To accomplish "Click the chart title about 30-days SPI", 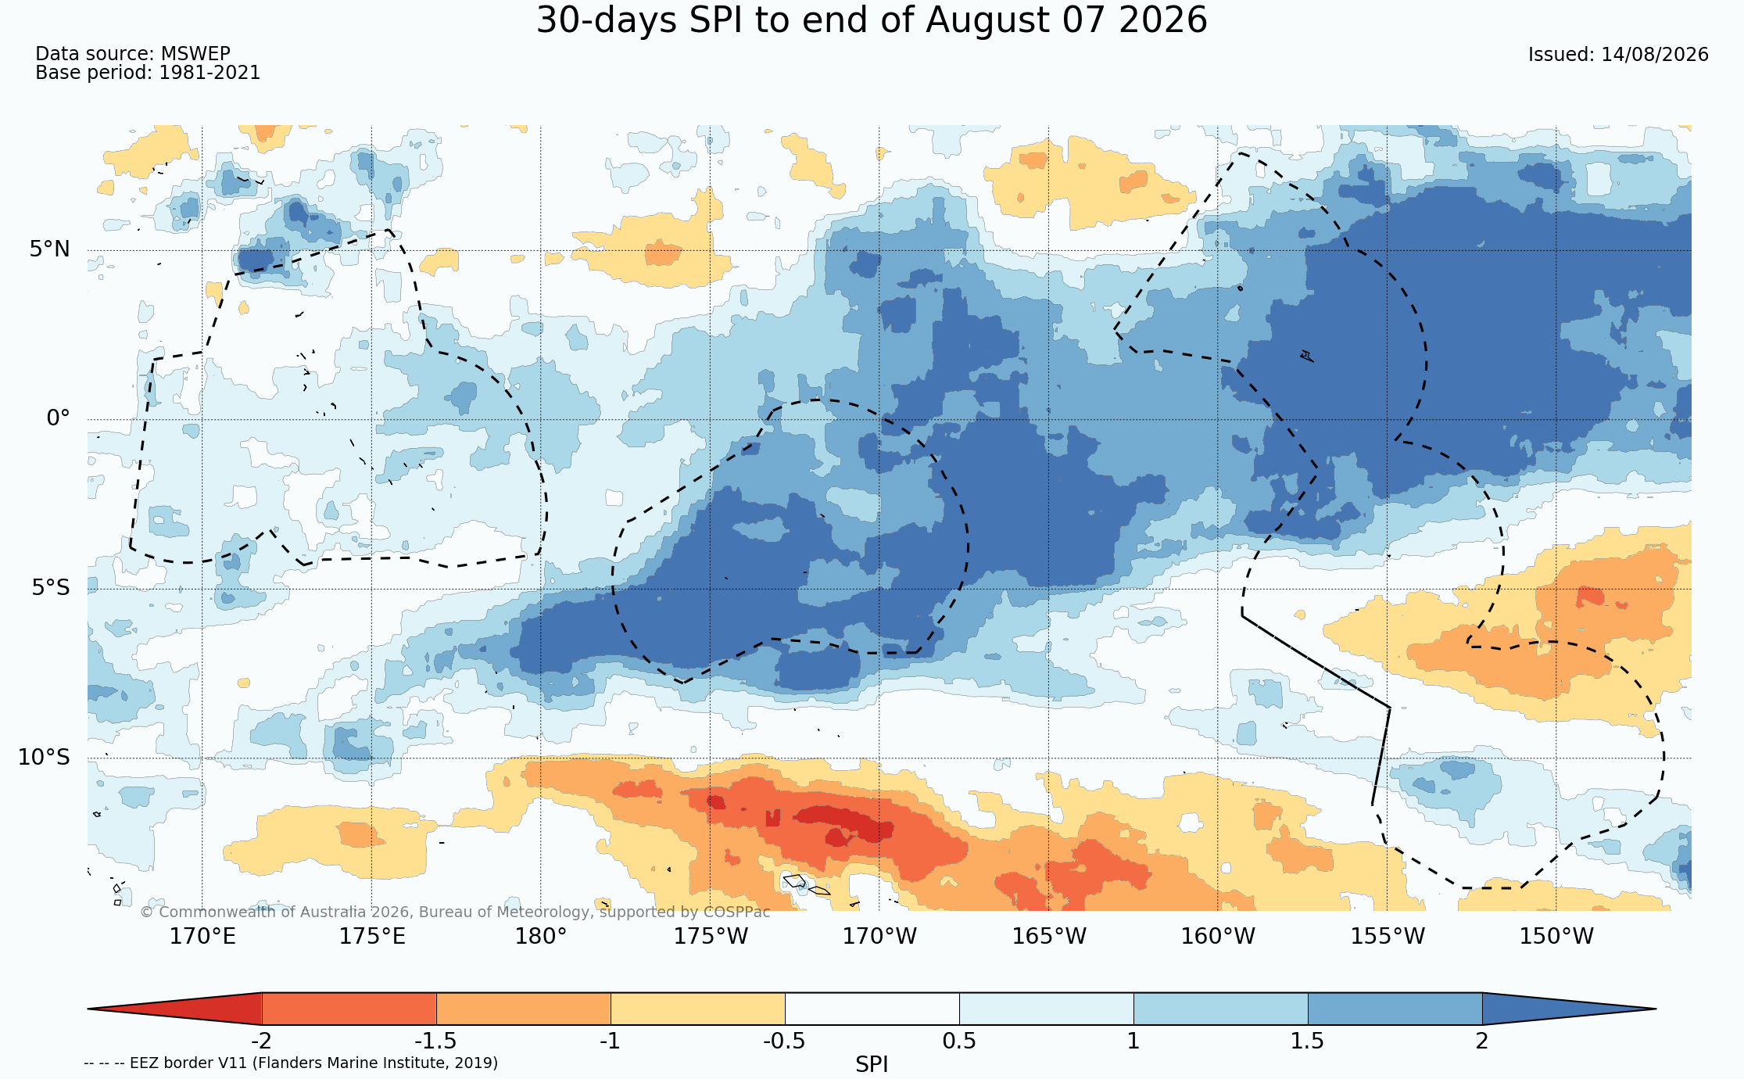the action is click(872, 20).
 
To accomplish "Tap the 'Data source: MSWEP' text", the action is click(133, 54).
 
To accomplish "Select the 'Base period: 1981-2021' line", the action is click(148, 73).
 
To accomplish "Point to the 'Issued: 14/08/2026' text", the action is click(1618, 55).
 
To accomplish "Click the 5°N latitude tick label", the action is click(50, 249).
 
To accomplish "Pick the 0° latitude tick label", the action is click(58, 418).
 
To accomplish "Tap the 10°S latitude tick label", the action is click(44, 757).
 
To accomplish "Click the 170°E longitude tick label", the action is click(202, 936).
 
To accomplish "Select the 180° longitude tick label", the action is click(540, 936).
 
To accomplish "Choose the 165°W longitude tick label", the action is click(1049, 936).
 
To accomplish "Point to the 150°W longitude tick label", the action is click(1556, 936).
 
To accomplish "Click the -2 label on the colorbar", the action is click(261, 1041).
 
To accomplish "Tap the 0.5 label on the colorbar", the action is click(959, 1041).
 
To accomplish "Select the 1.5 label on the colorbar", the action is click(1307, 1041).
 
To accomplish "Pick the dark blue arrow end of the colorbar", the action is click(1569, 1009).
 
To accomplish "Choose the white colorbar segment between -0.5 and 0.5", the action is click(872, 1009).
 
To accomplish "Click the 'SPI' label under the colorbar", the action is click(872, 1065).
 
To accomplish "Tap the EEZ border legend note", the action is click(291, 1063).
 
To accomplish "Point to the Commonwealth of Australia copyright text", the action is click(455, 912).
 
